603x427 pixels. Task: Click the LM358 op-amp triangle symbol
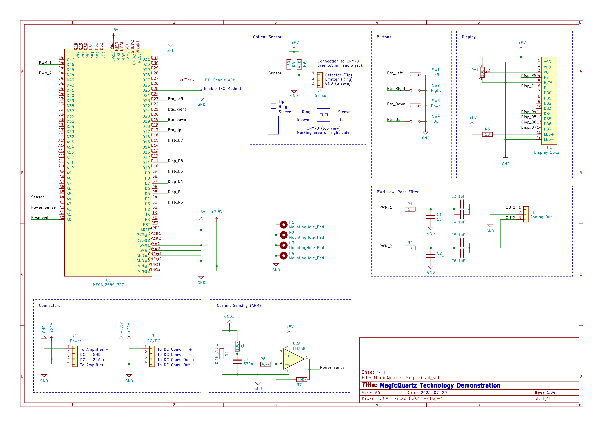click(293, 359)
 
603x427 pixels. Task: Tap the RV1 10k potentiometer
click(482, 72)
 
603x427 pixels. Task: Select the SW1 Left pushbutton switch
click(415, 74)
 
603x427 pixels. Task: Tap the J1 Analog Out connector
click(526, 215)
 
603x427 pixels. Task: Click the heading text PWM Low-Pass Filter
click(397, 192)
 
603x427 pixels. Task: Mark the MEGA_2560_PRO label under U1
click(108, 285)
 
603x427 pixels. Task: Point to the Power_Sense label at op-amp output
click(332, 368)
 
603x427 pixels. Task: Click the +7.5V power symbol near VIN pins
click(217, 212)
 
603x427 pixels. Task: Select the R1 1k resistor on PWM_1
click(410, 209)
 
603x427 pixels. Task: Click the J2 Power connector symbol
click(75, 357)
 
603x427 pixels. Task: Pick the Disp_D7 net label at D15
click(175, 140)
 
